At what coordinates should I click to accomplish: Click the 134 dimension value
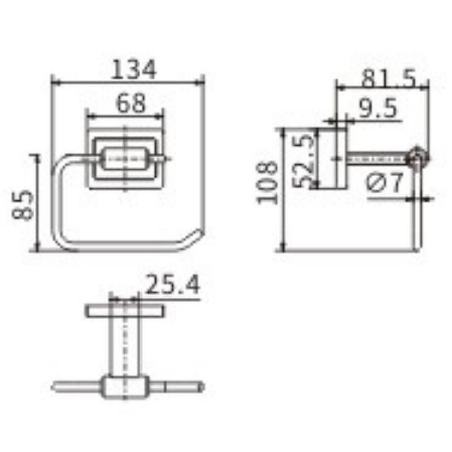(x=133, y=69)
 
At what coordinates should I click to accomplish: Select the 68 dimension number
(x=131, y=103)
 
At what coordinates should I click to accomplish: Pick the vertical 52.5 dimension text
(x=303, y=162)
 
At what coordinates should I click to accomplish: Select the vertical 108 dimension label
(x=267, y=182)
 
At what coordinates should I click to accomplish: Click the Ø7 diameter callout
(x=385, y=182)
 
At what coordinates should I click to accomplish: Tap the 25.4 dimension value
(x=172, y=284)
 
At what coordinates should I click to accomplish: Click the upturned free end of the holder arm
(x=198, y=233)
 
